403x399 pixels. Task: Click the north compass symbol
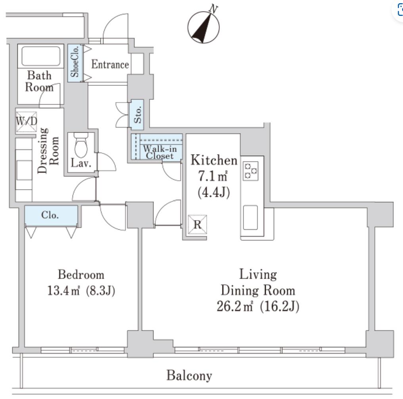[x=203, y=27]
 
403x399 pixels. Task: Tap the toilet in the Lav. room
[x=81, y=145]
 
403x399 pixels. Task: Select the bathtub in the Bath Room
[x=41, y=56]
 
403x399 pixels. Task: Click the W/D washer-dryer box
[x=27, y=122]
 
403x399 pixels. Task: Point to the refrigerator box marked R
[x=198, y=225]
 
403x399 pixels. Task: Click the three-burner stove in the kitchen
[x=251, y=171]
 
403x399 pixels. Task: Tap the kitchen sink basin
[x=250, y=217]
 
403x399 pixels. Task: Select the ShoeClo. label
[x=75, y=62]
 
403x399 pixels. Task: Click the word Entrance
[x=110, y=64]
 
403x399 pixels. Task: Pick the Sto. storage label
[x=138, y=114]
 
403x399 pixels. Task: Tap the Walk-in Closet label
[x=159, y=152]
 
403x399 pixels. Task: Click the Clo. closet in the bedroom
[x=51, y=215]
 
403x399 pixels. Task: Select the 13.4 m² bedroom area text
[x=63, y=291]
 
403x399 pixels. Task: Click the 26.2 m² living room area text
[x=235, y=306]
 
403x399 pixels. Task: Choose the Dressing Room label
[x=48, y=151]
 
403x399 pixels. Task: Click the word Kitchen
[x=214, y=160]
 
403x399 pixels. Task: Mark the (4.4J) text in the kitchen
[x=213, y=192]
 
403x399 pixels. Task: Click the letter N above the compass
[x=213, y=8]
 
